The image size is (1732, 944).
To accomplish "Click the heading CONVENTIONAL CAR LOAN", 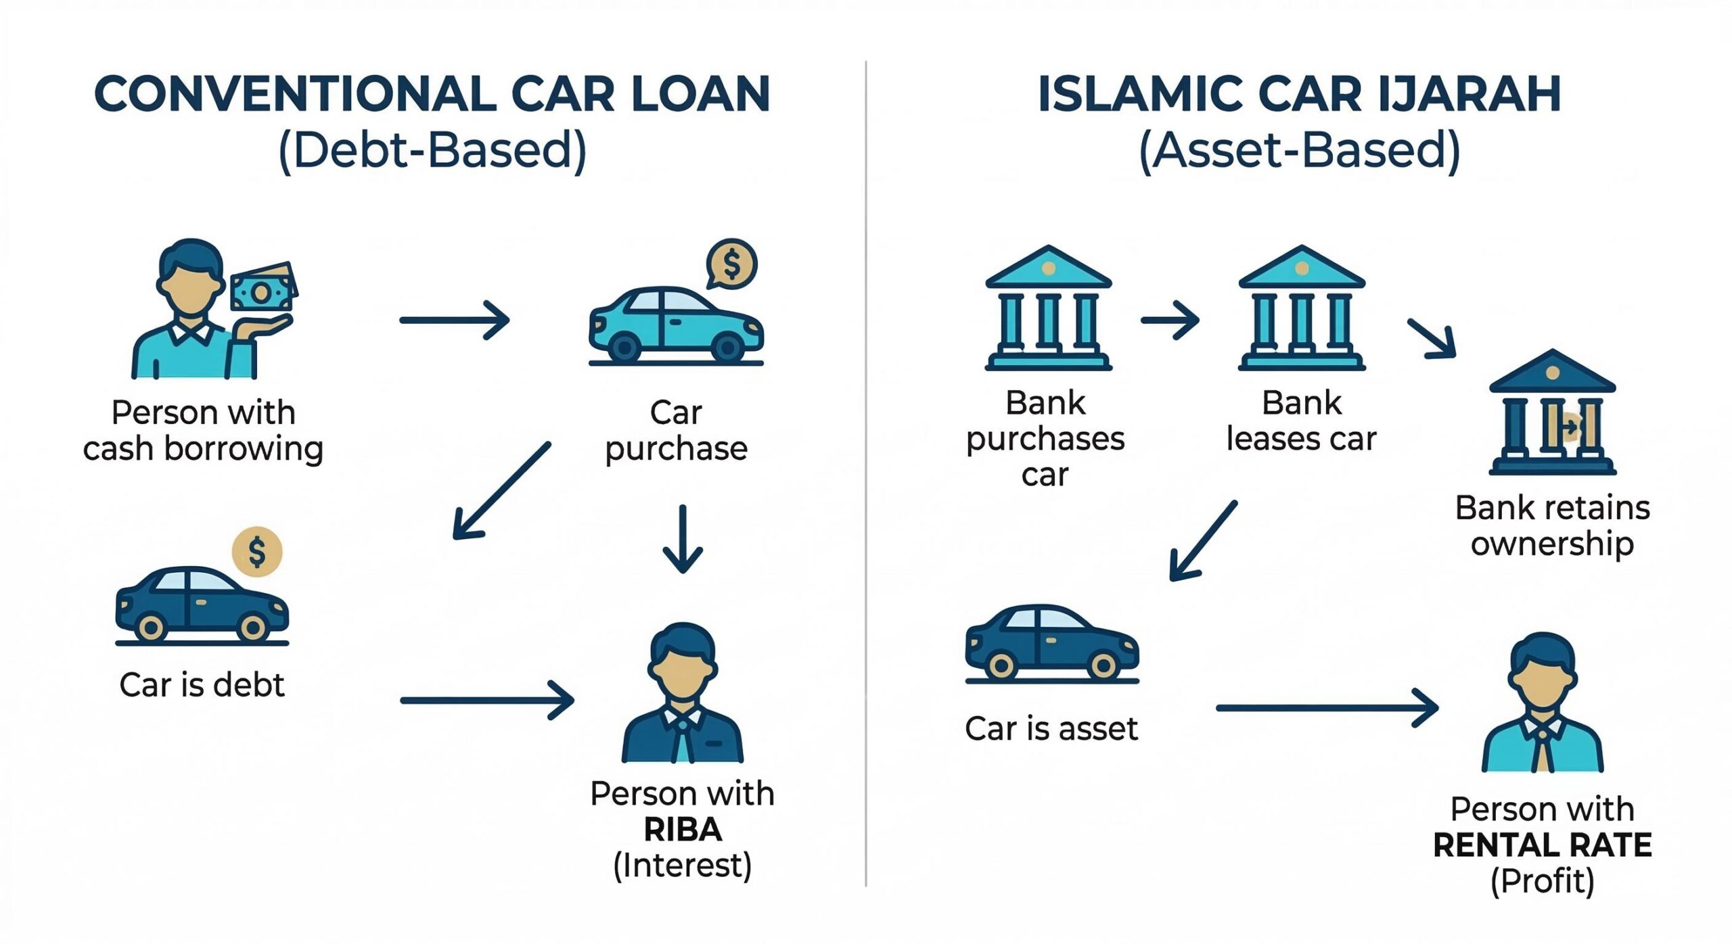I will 432,94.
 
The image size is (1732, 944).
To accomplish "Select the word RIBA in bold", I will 682,830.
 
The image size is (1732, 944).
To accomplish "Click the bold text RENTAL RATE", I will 1542,845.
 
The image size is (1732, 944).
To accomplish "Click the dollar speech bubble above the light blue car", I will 731,264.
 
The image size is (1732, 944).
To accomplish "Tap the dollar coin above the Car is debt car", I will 257,552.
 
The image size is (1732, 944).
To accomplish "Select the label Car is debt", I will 202,685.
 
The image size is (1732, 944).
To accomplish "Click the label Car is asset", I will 1051,729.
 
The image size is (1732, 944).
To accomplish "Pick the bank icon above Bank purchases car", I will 1048,308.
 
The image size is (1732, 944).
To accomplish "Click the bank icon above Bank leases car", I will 1301,308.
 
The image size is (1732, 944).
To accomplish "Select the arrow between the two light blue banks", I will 1170,320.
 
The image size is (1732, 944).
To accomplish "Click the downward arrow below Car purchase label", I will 683,540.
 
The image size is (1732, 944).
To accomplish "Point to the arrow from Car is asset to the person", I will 1326,708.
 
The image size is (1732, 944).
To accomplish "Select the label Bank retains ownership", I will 1552,525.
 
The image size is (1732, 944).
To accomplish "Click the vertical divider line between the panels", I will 866,473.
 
